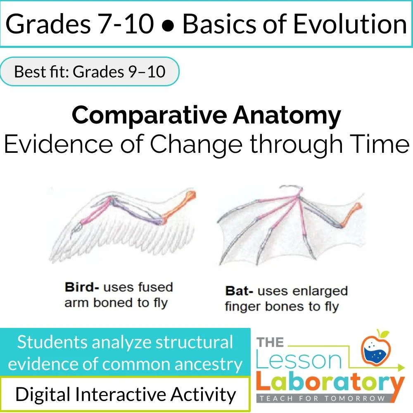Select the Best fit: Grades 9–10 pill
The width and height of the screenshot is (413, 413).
point(90,71)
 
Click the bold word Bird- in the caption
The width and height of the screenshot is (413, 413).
point(82,287)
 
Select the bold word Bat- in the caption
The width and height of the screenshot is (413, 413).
point(239,291)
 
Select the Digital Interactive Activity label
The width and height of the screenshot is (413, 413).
point(126,394)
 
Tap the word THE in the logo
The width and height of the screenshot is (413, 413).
point(271,342)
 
